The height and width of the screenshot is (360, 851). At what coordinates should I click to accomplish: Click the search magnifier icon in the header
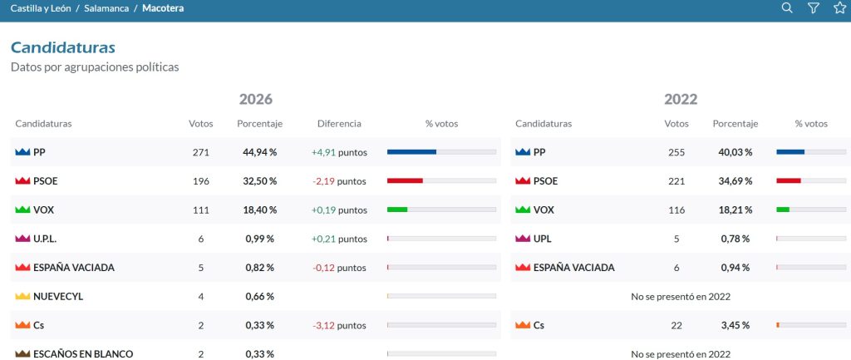click(786, 7)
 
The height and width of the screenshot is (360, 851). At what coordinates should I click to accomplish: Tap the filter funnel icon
click(813, 7)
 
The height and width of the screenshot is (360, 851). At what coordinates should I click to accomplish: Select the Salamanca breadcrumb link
click(106, 8)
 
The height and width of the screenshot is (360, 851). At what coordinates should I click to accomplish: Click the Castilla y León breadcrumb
click(41, 8)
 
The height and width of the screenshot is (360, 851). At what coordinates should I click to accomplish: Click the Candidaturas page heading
click(63, 47)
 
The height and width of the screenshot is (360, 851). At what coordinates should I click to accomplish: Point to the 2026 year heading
click(256, 100)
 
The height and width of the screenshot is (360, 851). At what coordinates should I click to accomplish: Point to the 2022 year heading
click(681, 100)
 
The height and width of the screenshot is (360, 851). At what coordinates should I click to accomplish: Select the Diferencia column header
click(339, 123)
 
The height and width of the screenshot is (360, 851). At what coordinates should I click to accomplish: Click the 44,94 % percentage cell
click(259, 153)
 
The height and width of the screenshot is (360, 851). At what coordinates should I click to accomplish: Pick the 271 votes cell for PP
click(201, 153)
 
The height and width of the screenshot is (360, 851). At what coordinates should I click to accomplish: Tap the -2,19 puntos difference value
click(339, 181)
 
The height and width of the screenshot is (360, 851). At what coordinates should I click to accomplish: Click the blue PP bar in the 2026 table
click(411, 152)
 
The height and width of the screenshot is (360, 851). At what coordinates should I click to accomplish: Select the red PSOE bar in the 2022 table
click(789, 180)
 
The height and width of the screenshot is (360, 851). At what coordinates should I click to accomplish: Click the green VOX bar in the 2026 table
click(397, 210)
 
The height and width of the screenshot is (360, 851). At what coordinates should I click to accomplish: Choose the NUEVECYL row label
click(58, 297)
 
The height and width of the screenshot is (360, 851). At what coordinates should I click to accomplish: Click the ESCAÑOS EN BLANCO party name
click(83, 354)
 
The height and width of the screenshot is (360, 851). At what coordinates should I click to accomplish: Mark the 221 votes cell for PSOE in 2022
click(676, 181)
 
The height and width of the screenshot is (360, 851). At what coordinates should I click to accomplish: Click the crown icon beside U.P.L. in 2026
click(22, 239)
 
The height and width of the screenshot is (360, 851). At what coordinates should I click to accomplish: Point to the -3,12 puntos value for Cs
click(339, 326)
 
